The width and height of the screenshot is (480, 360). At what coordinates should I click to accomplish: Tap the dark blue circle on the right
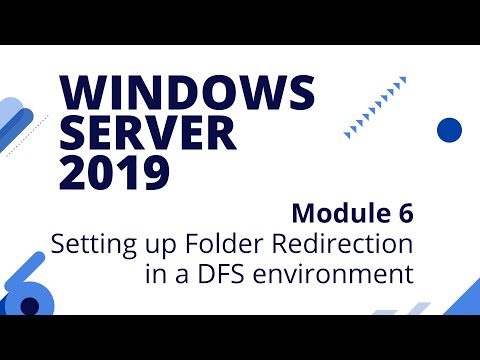coord(449,129)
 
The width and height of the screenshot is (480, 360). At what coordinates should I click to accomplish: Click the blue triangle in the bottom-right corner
coord(459,299)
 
